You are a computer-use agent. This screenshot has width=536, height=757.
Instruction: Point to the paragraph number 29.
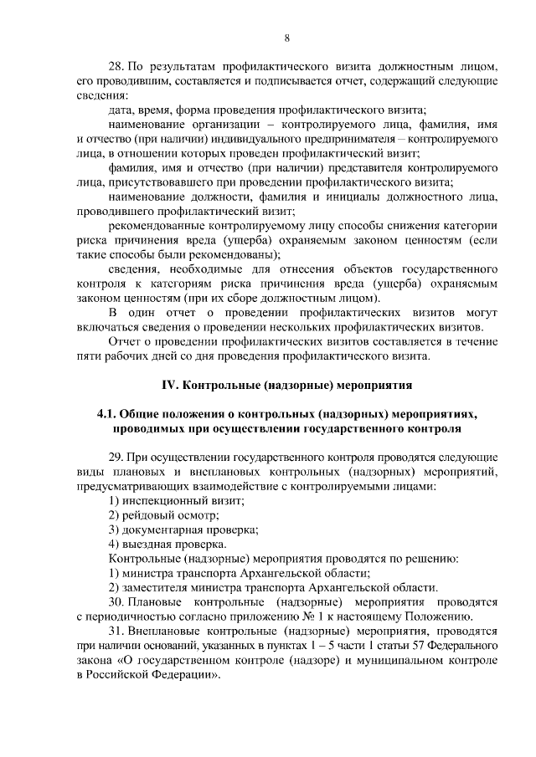pyautogui.click(x=116, y=457)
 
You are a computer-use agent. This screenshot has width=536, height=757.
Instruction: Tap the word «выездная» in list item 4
pyautogui.click(x=147, y=544)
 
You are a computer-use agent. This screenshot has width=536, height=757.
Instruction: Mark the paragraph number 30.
pyautogui.click(x=116, y=601)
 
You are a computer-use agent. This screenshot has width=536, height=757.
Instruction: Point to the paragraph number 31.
pyautogui.click(x=116, y=631)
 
